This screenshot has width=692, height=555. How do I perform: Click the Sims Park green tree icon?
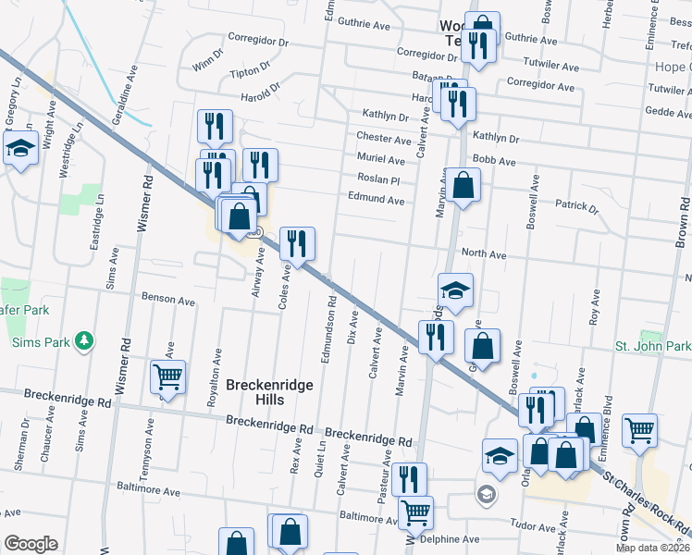(85, 340)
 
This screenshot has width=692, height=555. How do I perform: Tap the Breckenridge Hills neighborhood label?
(269, 392)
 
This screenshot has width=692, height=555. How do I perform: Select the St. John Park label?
(653, 346)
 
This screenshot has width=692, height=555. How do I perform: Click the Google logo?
(31, 544)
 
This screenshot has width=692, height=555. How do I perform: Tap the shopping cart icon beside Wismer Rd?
(168, 377)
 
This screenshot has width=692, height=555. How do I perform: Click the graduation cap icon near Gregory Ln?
(19, 148)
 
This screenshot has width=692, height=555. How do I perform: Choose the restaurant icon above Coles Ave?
(297, 244)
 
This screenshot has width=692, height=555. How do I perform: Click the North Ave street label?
(484, 253)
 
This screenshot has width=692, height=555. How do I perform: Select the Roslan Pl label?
(379, 179)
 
